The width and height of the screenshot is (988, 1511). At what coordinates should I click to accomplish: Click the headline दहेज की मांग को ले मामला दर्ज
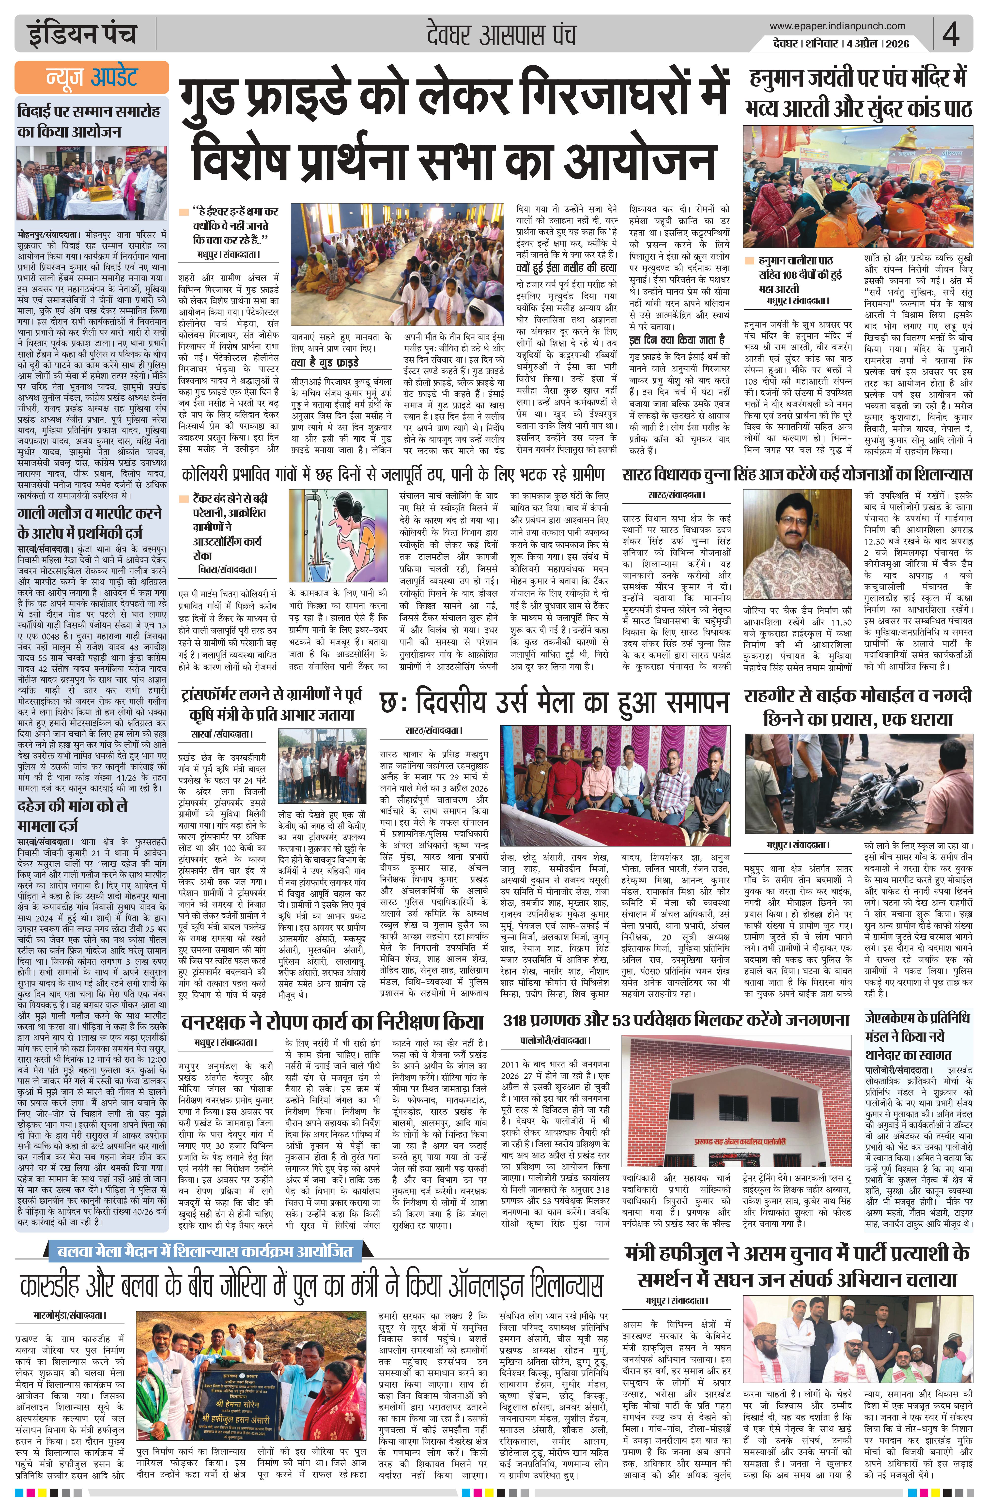pyautogui.click(x=73, y=815)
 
